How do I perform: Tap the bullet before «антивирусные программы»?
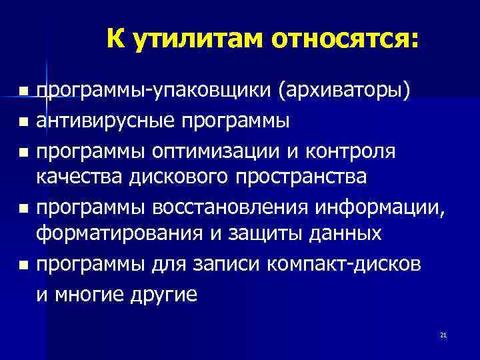(23, 122)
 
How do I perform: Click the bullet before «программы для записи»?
(23, 265)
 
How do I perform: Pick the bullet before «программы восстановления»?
(23, 209)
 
